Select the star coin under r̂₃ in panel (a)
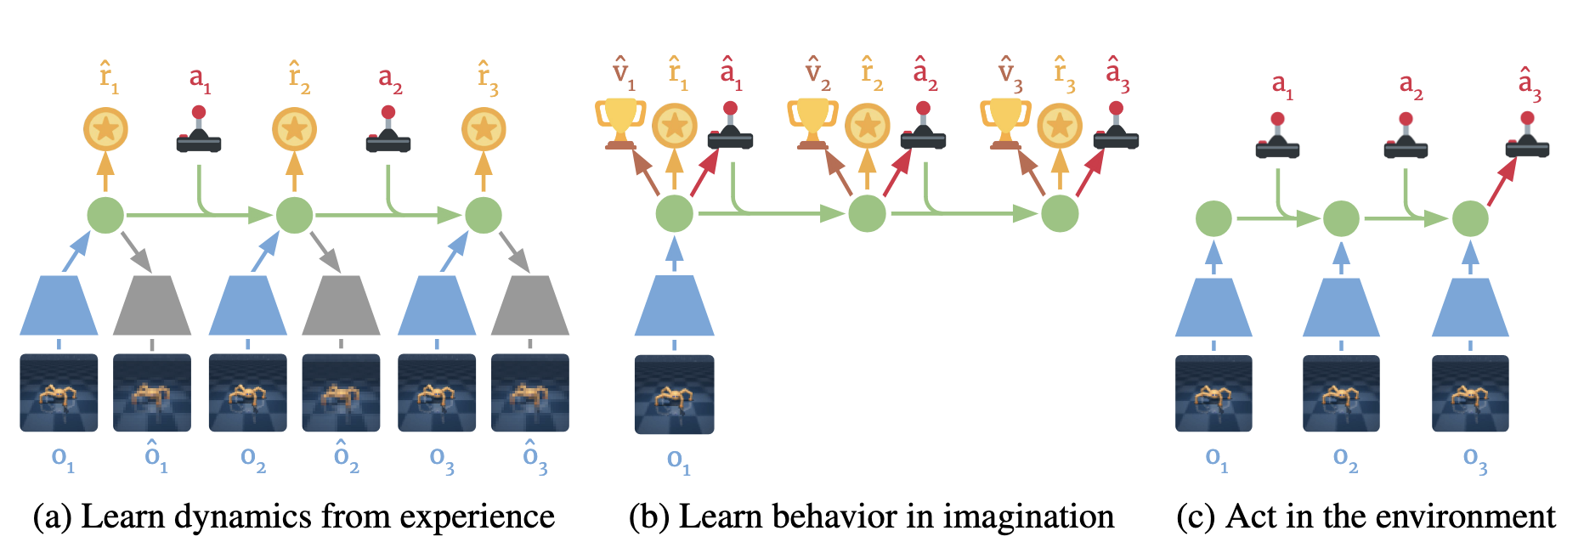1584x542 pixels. click(484, 130)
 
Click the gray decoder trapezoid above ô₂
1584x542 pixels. click(341, 305)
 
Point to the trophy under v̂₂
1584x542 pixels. click(812, 123)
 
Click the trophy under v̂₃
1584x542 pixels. click(1005, 123)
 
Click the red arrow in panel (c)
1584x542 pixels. click(1502, 182)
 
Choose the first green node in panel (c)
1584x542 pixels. click(1213, 219)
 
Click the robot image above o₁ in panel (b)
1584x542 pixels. click(675, 394)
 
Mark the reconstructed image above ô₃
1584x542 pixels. click(530, 393)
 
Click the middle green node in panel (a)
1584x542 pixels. click(294, 215)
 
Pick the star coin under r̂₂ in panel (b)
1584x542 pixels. click(868, 126)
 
